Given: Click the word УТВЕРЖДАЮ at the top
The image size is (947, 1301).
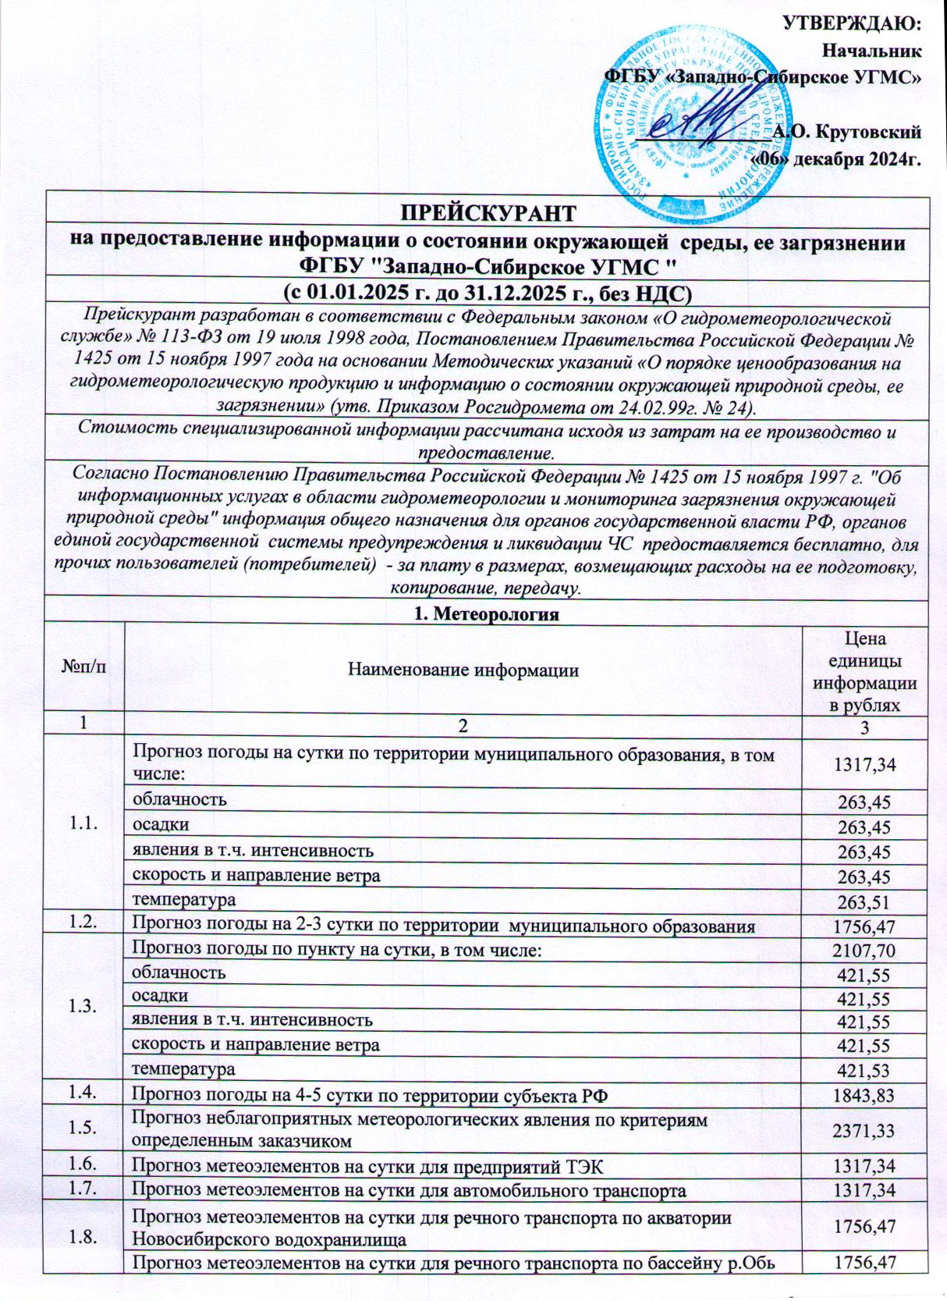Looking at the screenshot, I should click(853, 23).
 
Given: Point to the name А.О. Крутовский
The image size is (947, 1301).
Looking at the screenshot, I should click(846, 131).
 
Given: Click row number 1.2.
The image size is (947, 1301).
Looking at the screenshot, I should click(84, 926).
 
